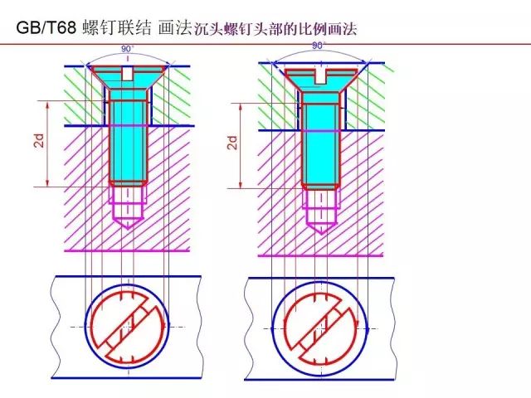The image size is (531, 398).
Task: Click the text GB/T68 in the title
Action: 46,27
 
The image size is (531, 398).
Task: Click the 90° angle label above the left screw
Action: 128,49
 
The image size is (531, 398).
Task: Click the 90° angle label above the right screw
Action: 319,46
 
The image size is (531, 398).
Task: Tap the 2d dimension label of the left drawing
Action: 40,140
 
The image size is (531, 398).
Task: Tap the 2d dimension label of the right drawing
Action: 233,143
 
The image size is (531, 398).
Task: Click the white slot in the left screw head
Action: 127,74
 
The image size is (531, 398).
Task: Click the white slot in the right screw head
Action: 319,76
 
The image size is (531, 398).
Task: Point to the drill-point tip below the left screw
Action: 127,229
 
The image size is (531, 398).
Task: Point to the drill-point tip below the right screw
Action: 321,234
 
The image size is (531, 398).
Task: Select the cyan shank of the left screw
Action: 128,142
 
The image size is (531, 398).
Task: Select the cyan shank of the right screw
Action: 320,145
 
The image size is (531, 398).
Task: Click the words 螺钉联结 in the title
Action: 117,27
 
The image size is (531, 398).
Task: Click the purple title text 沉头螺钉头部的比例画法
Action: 275,29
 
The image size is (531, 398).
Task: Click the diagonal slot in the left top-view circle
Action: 127,328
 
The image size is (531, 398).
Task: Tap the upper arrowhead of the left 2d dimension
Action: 47,105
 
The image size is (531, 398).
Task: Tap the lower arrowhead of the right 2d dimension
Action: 241,184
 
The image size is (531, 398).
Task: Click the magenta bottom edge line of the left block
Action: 127,251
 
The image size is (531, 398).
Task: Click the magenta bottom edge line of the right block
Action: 321,255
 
